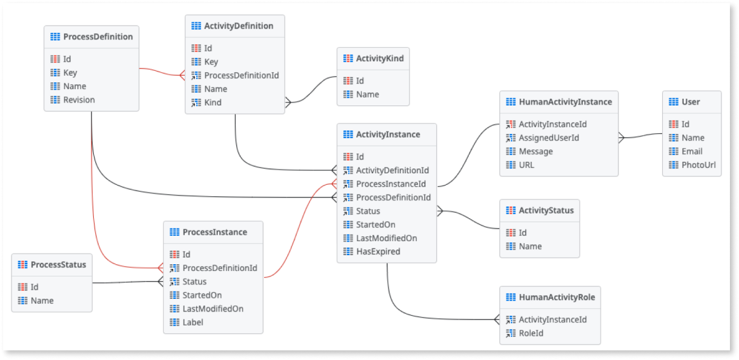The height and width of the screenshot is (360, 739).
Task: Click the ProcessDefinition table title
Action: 98,37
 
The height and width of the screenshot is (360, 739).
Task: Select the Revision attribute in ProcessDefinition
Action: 79,100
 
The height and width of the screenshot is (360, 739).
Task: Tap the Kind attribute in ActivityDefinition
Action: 213,103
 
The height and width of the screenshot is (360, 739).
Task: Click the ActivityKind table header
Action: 380,59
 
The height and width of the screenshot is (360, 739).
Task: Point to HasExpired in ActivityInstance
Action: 378,252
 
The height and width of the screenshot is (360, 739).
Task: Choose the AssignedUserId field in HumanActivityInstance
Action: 549,138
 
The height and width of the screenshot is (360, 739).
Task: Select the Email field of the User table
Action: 692,152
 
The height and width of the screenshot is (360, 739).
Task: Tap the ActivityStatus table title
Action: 546,211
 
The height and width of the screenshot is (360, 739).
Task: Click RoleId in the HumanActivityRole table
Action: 531,333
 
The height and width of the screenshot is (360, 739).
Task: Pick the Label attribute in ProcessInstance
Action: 193,322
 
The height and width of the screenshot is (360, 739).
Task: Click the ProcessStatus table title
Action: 58,265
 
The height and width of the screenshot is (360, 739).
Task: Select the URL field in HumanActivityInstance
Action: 526,165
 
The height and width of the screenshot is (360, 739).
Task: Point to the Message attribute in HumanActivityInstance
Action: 535,152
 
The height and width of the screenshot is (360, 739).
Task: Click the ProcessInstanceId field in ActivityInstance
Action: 391,184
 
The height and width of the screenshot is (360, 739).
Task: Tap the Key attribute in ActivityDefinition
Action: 211,62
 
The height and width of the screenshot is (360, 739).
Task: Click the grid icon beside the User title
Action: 673,102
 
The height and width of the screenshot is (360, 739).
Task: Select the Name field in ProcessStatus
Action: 42,301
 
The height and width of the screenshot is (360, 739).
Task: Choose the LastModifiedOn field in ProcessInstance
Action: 213,309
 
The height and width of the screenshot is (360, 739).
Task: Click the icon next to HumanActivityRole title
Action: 510,298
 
